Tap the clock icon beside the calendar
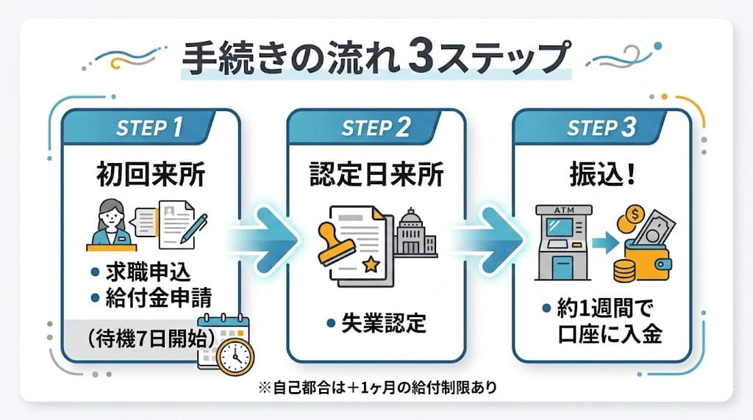235,356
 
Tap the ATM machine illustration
561,242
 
